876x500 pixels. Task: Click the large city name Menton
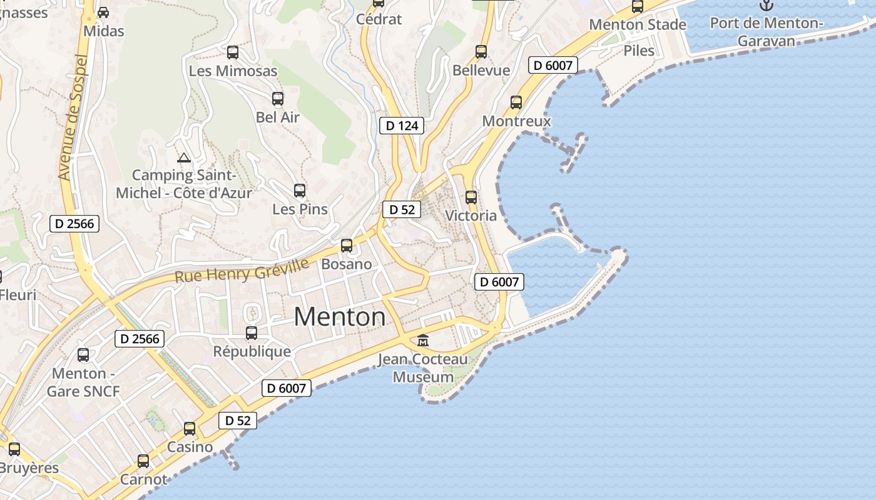pos(340,317)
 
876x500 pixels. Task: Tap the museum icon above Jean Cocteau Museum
pos(423,341)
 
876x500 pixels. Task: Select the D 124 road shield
pos(402,126)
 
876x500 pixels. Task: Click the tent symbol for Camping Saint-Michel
pos(183,157)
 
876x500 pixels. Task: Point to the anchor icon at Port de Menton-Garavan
pos(766,5)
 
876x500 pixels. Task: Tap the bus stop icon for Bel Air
pos(278,99)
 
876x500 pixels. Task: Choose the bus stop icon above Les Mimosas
pos(233,52)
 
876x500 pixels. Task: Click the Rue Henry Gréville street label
pos(242,270)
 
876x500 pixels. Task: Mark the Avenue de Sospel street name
pos(74,117)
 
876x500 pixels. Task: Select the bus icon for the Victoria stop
pos(471,197)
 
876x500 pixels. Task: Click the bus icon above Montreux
pos(516,102)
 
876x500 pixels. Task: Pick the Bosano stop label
pos(347,264)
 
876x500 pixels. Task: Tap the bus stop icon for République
pos(252,333)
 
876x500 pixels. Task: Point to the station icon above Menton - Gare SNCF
pos(83,355)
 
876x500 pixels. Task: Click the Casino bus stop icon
pos(190,429)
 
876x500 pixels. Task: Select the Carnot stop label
pos(144,479)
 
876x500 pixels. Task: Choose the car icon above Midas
pos(103,12)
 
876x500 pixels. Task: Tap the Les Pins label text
pos(300,209)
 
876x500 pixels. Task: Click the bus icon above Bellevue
pos(481,52)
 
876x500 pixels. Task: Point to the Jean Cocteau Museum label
pos(423,368)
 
